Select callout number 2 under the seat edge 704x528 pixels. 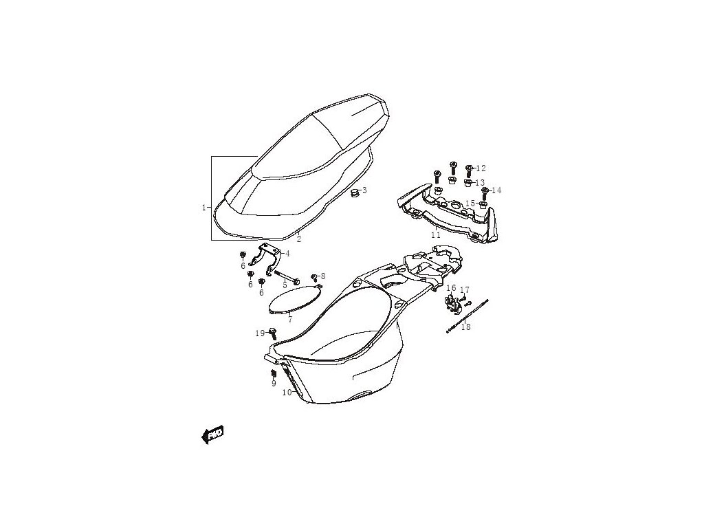click(x=298, y=239)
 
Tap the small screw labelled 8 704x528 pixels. click(x=315, y=277)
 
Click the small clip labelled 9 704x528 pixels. click(x=273, y=375)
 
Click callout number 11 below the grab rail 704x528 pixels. click(x=436, y=234)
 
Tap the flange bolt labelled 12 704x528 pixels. click(x=468, y=168)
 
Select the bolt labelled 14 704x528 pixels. click(x=485, y=191)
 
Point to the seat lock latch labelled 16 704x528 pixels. click(x=452, y=301)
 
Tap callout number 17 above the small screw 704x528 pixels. click(x=465, y=290)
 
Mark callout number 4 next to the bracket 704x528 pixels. click(x=287, y=254)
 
